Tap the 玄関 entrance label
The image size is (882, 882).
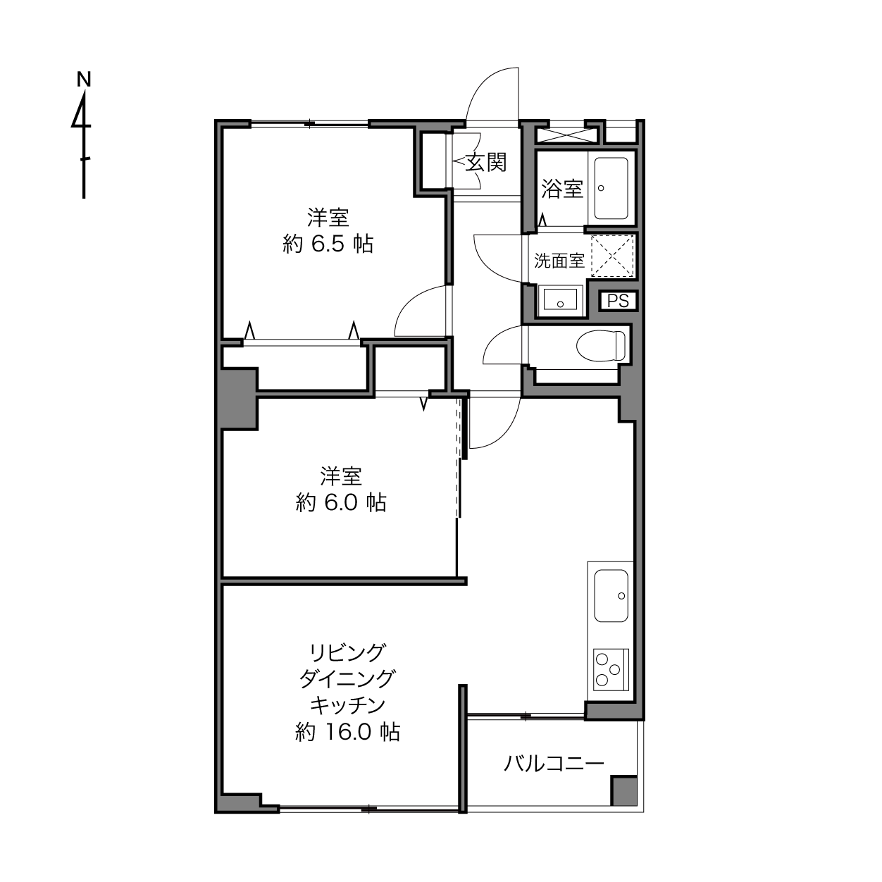coord(486,162)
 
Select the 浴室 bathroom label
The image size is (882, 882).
coord(562,188)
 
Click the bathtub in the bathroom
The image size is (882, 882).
coord(611,188)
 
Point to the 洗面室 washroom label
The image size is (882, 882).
coord(559,261)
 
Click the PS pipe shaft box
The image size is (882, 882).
coord(619,301)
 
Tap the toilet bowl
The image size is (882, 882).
coord(600,346)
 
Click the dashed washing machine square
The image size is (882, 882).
coord(612,256)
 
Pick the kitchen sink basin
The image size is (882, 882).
coord(611,595)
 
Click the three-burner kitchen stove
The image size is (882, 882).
coord(611,670)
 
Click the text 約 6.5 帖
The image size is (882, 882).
coord(328,244)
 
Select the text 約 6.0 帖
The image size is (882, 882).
coord(341,502)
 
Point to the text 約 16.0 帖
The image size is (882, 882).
coord(348,732)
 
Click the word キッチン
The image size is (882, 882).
coord(348,705)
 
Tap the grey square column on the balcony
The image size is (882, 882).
coord(624,791)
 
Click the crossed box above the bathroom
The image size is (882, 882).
coord(566,135)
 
